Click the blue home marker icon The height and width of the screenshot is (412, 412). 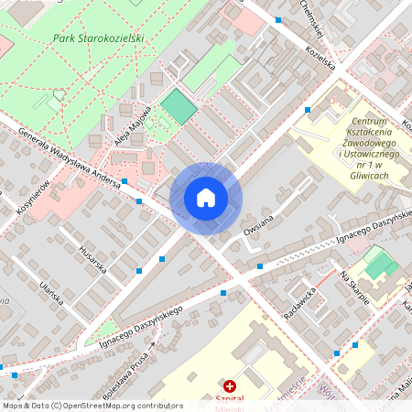tap(206, 198)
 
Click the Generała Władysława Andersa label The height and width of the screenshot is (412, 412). tap(70, 157)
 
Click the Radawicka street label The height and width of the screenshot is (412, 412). tap(299, 301)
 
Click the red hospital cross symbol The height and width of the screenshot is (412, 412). tap(229, 387)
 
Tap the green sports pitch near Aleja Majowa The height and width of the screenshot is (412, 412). tap(179, 107)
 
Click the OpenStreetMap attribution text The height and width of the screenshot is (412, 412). tap(92, 406)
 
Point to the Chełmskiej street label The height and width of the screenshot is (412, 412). tap(314, 13)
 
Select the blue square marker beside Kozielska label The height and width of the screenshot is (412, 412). tap(308, 110)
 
